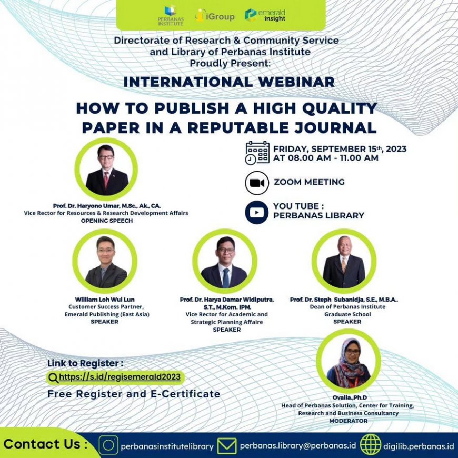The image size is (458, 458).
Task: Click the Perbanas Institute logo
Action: point(171,16)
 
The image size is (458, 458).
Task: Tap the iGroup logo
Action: point(215,16)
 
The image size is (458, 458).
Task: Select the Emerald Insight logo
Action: point(265,15)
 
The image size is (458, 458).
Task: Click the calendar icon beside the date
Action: point(257,153)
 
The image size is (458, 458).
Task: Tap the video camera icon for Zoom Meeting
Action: point(257,183)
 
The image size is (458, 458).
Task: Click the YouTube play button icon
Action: point(257,212)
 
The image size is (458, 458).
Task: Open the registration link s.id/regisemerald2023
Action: point(120,377)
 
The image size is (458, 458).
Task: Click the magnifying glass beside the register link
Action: point(54,378)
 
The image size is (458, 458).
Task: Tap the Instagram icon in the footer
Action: point(108,445)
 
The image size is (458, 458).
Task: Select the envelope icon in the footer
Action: point(227,446)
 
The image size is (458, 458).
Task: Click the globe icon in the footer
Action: point(371,445)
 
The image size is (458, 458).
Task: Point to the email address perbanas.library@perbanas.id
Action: point(298,446)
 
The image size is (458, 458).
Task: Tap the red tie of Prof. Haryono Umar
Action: point(106,179)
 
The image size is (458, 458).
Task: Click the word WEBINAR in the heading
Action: point(296,82)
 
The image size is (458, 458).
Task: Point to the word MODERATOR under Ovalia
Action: point(348,421)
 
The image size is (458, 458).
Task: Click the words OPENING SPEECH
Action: point(107,221)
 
